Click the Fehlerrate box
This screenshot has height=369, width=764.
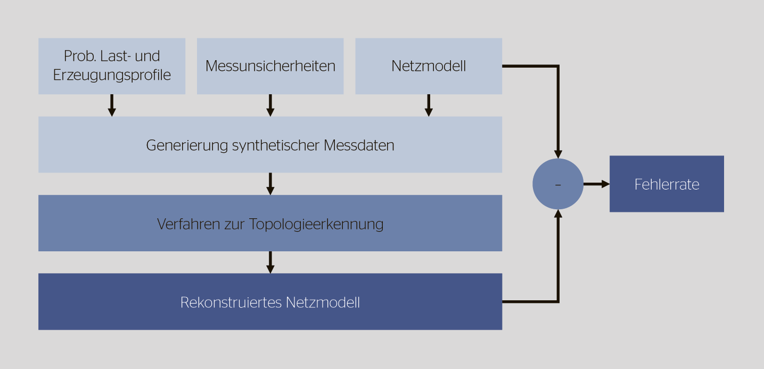click(667, 184)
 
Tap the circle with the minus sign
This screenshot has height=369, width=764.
click(558, 184)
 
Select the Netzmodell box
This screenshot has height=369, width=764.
click(429, 66)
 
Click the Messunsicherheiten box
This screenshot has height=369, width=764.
click(270, 66)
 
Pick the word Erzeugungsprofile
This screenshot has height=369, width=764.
click(112, 75)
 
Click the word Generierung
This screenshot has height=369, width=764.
click(187, 145)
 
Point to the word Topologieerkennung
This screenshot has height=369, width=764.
click(316, 224)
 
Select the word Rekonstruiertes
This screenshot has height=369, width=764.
click(231, 302)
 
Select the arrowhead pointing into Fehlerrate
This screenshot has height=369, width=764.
click(605, 184)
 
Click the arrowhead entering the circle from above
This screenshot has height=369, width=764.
click(558, 154)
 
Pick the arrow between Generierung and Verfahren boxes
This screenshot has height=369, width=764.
click(270, 184)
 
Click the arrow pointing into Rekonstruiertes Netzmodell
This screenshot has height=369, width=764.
click(270, 263)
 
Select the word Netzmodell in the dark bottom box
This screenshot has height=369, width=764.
click(323, 302)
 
